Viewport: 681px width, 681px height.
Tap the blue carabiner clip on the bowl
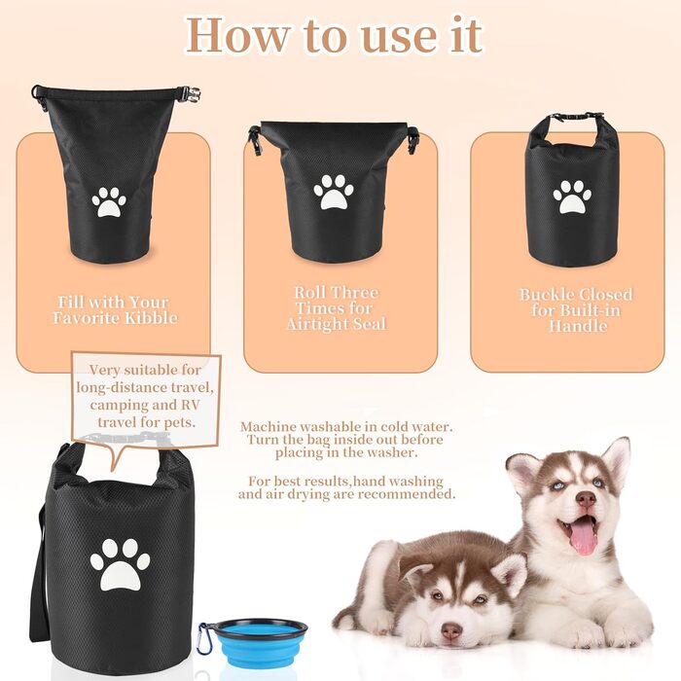(204, 637)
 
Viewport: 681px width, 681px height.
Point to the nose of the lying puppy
(450, 631)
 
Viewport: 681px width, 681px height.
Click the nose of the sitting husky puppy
(586, 499)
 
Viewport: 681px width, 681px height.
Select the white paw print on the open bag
(109, 201)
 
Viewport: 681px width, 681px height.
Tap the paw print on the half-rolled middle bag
(334, 192)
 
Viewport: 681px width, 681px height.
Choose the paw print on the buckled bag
(572, 197)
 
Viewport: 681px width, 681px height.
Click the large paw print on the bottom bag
(120, 564)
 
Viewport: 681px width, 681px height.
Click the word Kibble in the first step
(151, 317)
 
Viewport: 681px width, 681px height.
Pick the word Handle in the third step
(578, 326)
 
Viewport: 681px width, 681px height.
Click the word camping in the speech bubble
(116, 405)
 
